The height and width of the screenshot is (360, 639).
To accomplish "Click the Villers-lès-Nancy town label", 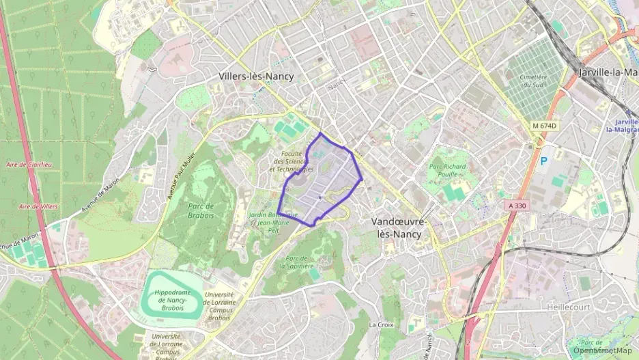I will [256, 77].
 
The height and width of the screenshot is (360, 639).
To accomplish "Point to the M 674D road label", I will [544, 126].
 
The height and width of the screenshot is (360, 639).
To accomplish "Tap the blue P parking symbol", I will [543, 161].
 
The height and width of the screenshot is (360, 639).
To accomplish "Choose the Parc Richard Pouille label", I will [447, 170].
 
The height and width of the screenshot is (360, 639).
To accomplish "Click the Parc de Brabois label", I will [200, 210].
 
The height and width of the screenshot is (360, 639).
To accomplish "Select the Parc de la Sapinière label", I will [299, 262].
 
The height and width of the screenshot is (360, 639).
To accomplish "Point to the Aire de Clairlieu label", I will [28, 165].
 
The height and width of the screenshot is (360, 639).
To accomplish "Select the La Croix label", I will [380, 324].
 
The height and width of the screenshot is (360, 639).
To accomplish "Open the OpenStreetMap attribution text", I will [603, 350].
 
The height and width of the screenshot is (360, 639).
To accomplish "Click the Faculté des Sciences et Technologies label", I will [292, 161].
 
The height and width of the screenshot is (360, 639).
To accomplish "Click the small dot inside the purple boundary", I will [319, 198].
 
